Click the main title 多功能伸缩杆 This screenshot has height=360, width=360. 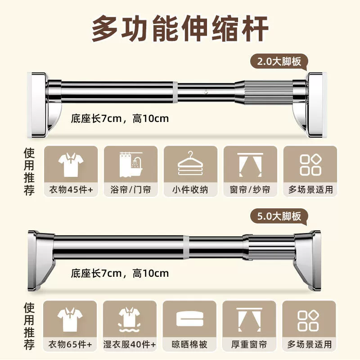pos(180,28)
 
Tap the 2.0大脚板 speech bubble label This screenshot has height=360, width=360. pos(279,62)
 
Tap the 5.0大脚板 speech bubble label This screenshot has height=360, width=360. pos(279,216)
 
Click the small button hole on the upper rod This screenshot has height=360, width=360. pos(206,92)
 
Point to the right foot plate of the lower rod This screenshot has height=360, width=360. pos(308,261)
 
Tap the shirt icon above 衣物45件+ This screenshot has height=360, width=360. pos(71,165)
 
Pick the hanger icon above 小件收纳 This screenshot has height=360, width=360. pos(190,163)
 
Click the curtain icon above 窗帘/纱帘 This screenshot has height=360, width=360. pos(250,165)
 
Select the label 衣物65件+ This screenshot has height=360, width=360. pos(70,344)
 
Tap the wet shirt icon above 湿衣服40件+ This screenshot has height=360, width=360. pos(130,319)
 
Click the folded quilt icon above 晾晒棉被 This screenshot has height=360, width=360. pos(189,318)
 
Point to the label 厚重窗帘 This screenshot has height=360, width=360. pos(249,344)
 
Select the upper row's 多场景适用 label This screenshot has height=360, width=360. pos(310,189)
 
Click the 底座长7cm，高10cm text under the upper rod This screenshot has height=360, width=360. pos(120,119)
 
